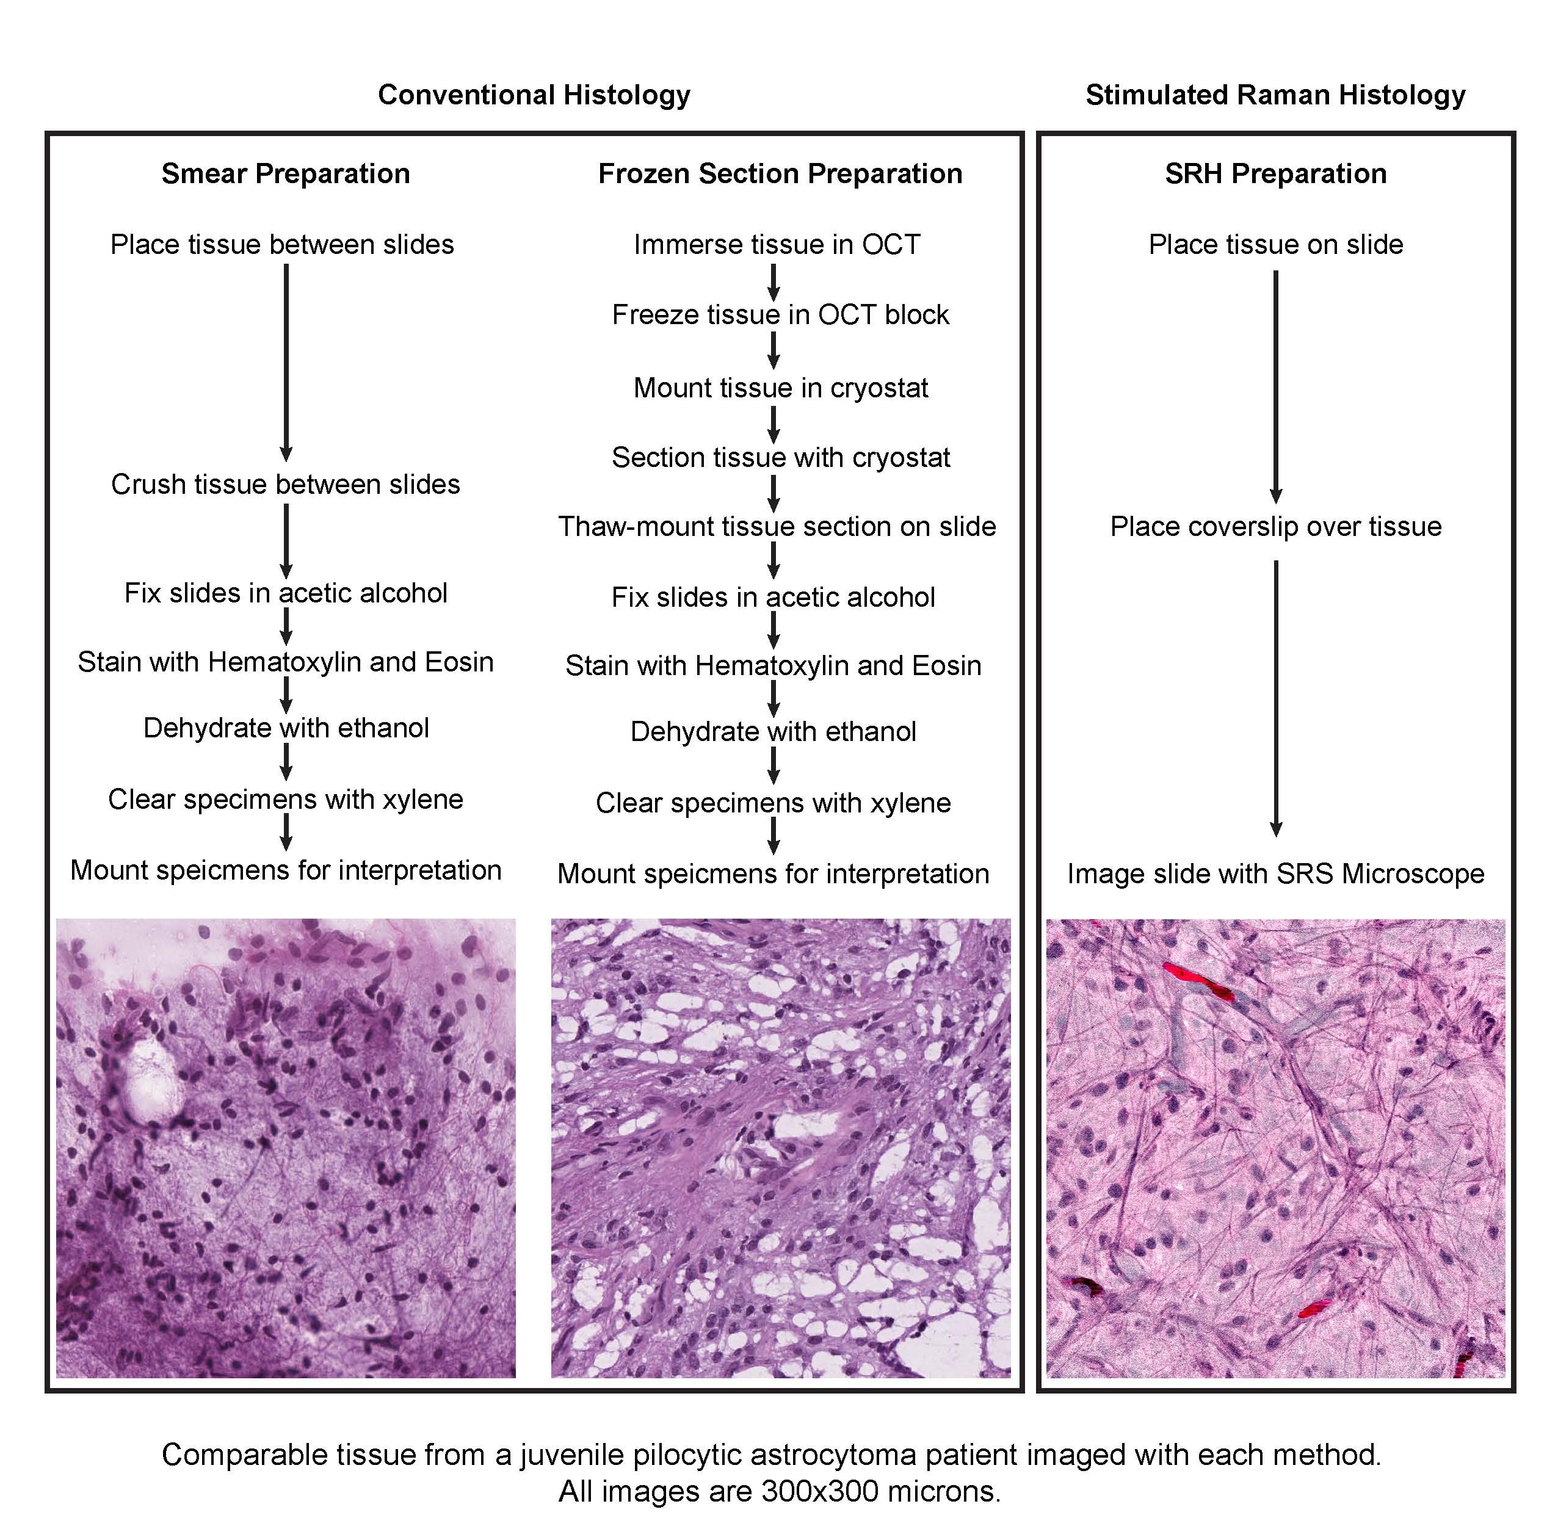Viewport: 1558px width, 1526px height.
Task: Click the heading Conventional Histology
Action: pyautogui.click(x=534, y=95)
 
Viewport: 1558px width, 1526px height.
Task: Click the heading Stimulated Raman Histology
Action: pyautogui.click(x=1275, y=95)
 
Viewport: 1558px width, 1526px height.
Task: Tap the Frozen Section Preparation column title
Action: pyautogui.click(x=780, y=173)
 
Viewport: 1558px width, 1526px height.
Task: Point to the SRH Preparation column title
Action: pyautogui.click(x=1275, y=173)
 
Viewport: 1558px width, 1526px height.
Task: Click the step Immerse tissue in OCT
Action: pyautogui.click(x=777, y=244)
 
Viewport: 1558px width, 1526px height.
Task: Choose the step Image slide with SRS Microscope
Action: pyautogui.click(x=1275, y=873)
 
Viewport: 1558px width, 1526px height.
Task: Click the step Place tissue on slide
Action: pyautogui.click(x=1275, y=244)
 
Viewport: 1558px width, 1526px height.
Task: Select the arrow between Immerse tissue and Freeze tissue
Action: pyautogui.click(x=774, y=281)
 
